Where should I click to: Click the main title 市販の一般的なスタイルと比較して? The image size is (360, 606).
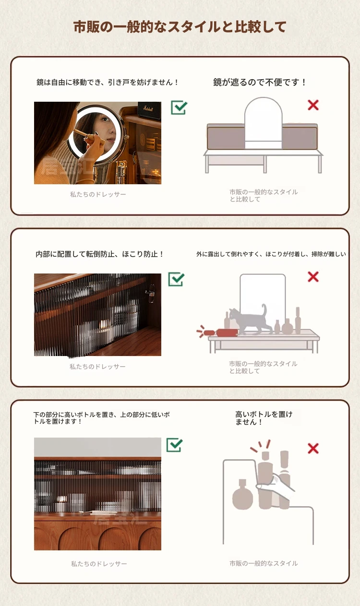[180, 27]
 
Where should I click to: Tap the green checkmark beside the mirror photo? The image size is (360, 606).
[179, 107]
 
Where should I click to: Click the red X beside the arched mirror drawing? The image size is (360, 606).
[313, 105]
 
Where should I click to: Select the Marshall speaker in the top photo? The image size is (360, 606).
[149, 109]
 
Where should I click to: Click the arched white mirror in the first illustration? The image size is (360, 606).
[263, 123]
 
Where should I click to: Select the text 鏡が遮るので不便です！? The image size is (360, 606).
[260, 82]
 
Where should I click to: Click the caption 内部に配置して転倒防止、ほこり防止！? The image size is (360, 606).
[100, 254]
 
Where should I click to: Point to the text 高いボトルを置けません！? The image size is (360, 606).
[264, 418]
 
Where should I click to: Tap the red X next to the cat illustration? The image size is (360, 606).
[313, 277]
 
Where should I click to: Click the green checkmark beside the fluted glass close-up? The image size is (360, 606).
[176, 279]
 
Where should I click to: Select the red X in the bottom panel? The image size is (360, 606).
[313, 449]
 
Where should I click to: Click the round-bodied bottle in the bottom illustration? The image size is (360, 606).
[242, 495]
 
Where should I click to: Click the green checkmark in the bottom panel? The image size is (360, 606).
[175, 445]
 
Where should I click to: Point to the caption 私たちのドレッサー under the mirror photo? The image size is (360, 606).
[98, 194]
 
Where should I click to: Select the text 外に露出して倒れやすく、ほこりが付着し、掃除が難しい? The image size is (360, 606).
[271, 254]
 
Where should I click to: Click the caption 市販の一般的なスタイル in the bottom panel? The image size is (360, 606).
[264, 563]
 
